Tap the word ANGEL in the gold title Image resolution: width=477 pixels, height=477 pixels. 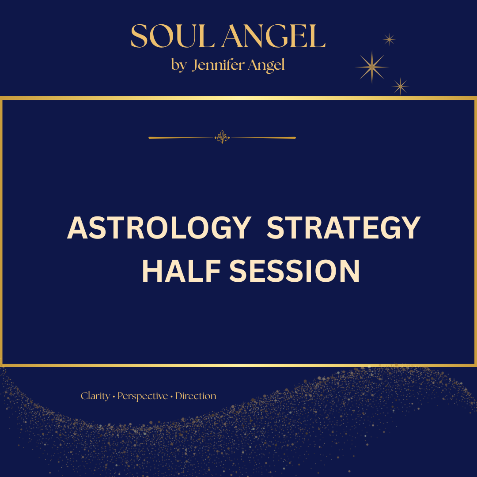[274, 36]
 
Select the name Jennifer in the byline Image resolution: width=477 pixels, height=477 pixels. [218, 64]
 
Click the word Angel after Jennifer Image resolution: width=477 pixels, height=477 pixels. [266, 65]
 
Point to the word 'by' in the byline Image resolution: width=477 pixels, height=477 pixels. [178, 65]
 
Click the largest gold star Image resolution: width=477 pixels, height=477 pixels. [372, 67]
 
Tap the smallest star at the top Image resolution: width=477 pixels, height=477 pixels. [389, 39]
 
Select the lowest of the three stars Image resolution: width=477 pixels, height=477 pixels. [400, 87]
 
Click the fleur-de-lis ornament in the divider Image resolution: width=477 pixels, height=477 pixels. [222, 137]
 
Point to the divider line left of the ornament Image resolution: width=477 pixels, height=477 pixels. [182, 138]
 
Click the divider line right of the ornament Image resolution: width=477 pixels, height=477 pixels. [263, 138]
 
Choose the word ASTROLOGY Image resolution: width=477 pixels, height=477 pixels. [159, 228]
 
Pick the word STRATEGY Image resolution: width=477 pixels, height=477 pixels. [344, 228]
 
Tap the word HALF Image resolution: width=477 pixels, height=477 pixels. [182, 271]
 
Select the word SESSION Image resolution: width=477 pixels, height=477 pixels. [295, 271]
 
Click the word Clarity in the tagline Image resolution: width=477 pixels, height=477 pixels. [95, 396]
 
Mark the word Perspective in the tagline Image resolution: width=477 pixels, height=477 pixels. [143, 396]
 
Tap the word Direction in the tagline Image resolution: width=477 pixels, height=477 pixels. [196, 396]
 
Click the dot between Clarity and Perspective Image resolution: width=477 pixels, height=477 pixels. [114, 397]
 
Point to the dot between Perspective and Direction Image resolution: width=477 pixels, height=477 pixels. [171, 397]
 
